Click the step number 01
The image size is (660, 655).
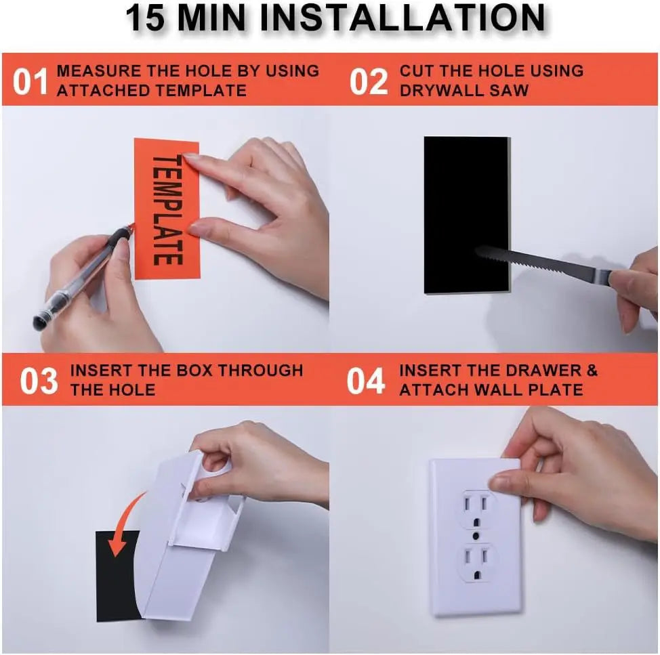[x=30, y=81]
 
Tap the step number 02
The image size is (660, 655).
[x=368, y=81]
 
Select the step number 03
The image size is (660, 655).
[x=39, y=381]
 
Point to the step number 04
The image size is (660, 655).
[x=366, y=381]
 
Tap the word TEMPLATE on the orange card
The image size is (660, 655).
[x=167, y=209]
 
